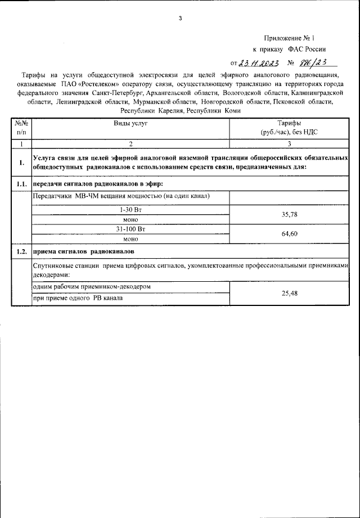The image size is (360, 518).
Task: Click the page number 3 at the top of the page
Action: pos(180,18)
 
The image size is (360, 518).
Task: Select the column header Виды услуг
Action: pos(130,123)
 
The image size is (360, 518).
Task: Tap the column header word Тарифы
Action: pos(289,123)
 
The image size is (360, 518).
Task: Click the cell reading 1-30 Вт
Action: pos(130,209)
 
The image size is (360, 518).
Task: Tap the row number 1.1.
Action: pos(21,184)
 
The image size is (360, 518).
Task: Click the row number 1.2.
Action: pos(21,251)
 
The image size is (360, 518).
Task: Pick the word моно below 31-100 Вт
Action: pos(130,238)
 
